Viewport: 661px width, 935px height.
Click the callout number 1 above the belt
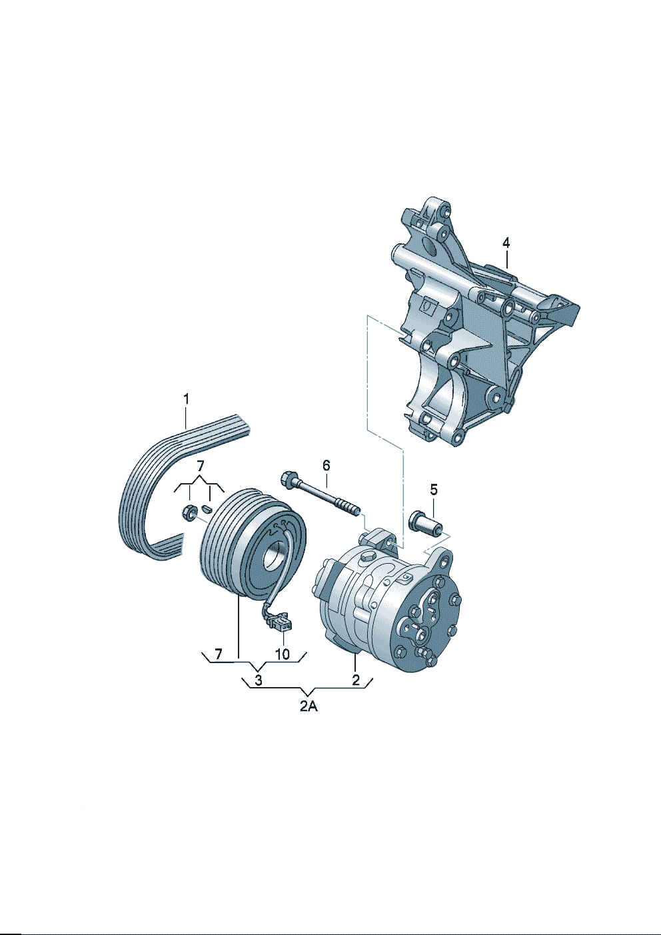(x=186, y=399)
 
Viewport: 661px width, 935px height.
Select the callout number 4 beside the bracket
(x=506, y=243)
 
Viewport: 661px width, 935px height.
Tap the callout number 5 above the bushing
(x=434, y=490)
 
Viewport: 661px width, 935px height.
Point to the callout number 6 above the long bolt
(x=326, y=465)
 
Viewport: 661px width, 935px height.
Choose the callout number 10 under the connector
(x=283, y=654)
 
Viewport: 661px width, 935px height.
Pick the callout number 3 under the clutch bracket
(x=259, y=680)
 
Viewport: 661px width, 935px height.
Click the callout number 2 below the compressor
(x=356, y=680)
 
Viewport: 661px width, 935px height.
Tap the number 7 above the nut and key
(x=201, y=466)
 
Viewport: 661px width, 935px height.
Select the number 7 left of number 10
(x=219, y=654)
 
